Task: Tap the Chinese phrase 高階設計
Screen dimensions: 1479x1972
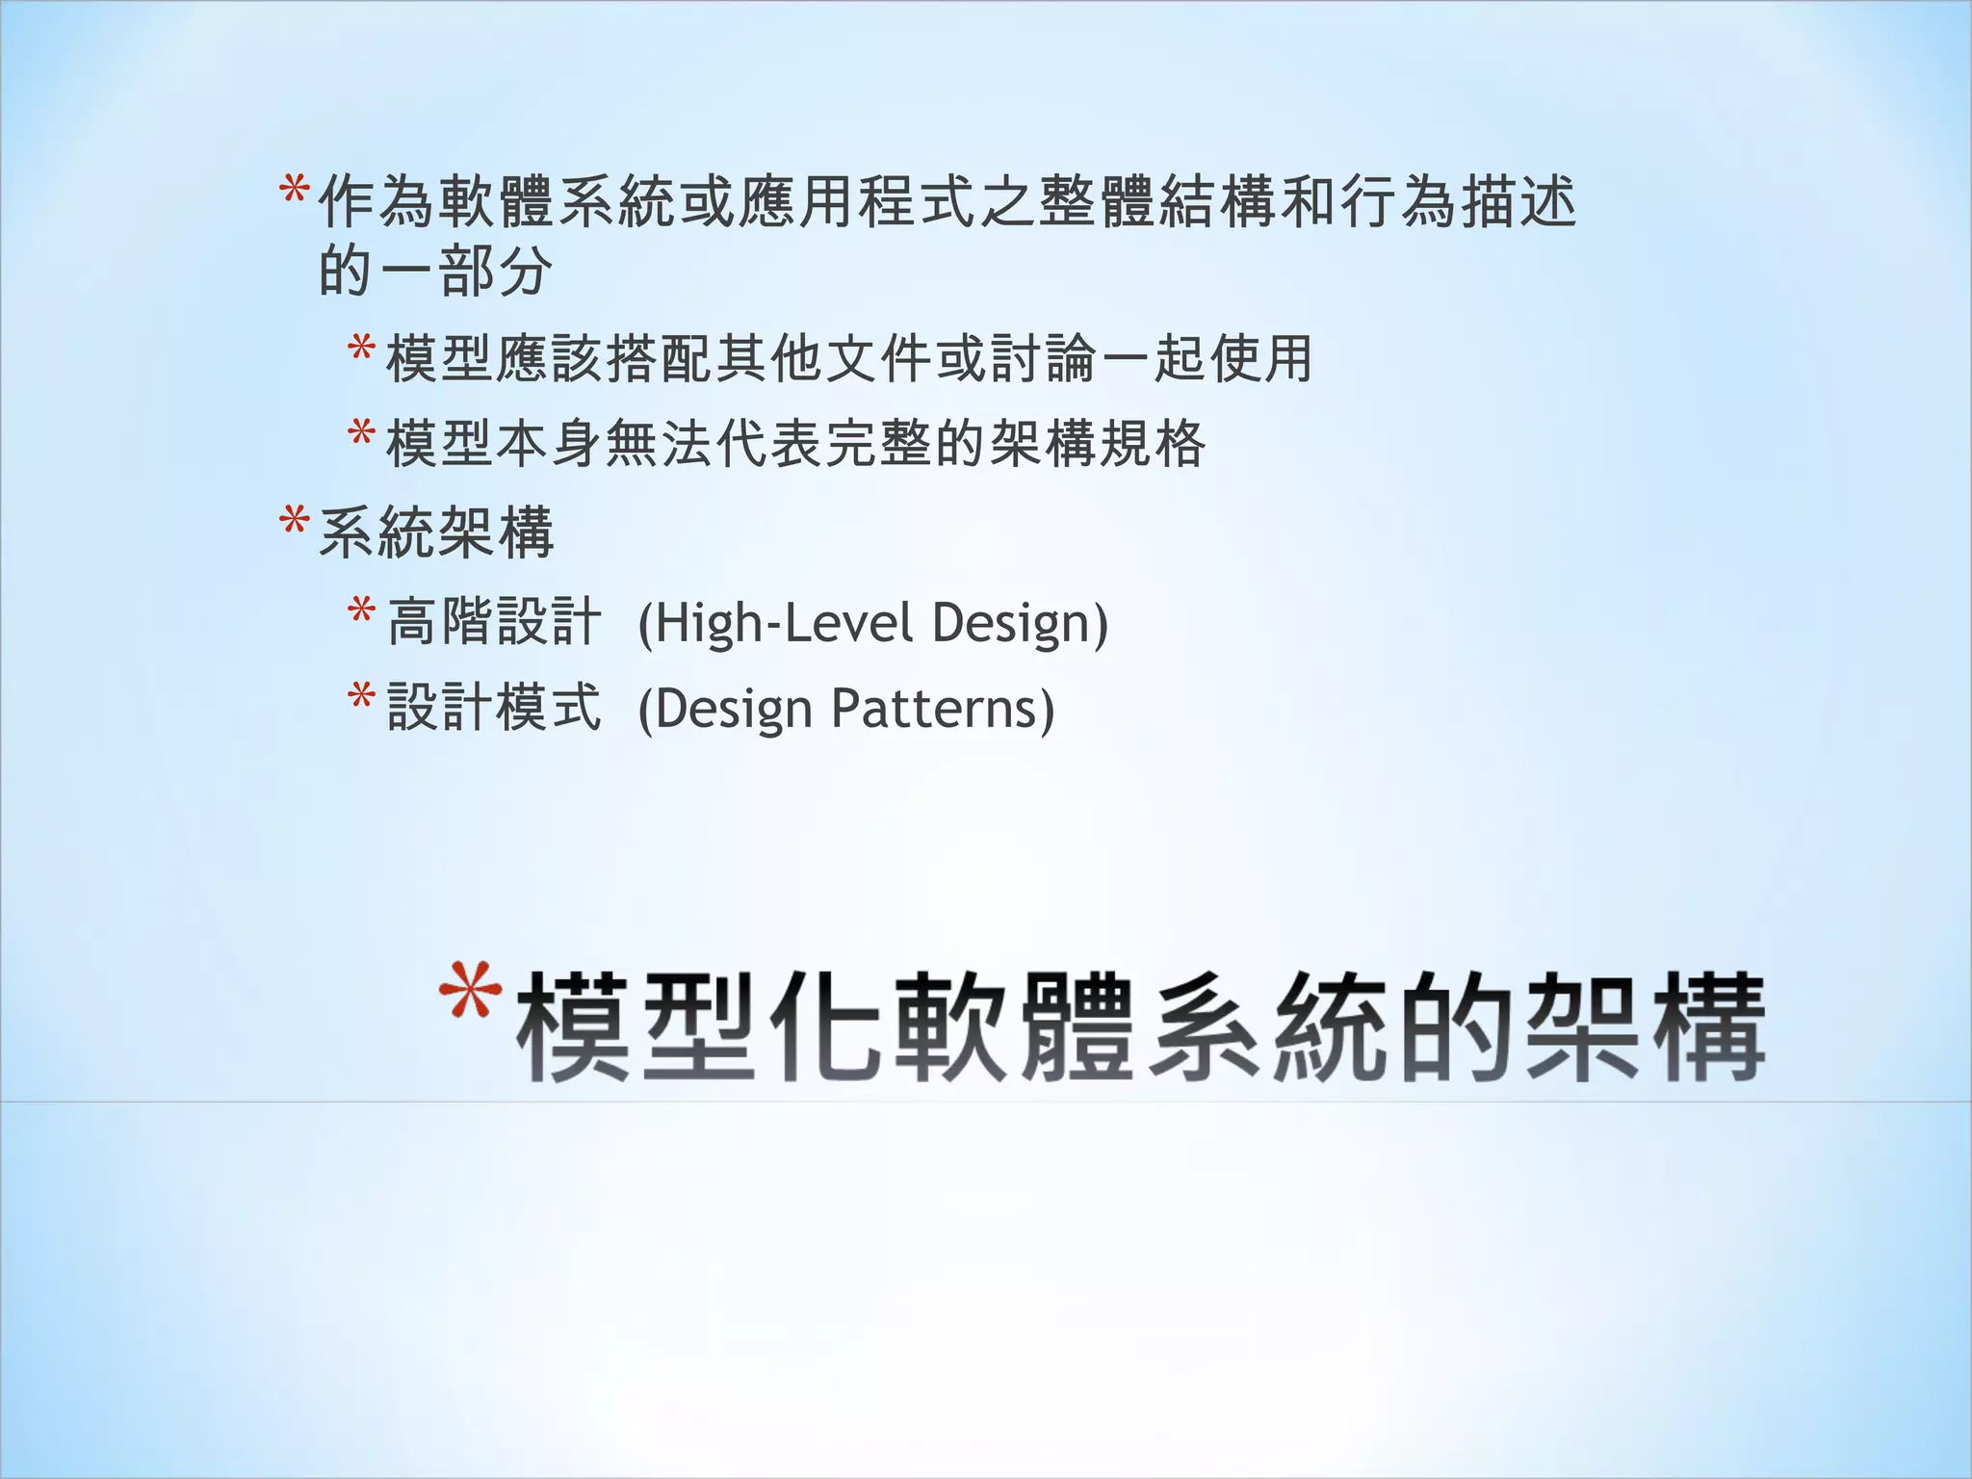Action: coord(494,622)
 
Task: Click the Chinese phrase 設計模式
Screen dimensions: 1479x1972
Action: coord(494,708)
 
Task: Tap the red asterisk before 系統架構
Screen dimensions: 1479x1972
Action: coord(293,524)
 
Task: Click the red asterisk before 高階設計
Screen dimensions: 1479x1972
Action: coord(361,612)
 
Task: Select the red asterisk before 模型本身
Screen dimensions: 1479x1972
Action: coord(361,434)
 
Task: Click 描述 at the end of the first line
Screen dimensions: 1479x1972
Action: coord(1518,203)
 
